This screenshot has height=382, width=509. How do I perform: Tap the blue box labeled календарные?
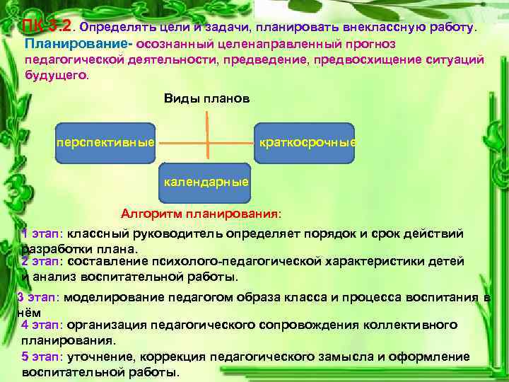click(206, 182)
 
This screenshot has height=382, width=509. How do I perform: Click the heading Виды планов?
click(206, 98)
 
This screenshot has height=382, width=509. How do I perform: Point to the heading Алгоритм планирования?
click(200, 213)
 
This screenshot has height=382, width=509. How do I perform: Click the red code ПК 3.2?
click(47, 28)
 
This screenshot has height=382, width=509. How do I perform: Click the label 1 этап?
click(42, 234)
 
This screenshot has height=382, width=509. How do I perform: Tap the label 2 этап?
click(42, 261)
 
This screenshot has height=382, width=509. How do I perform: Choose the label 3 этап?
click(38, 297)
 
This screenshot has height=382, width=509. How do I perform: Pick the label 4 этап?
click(42, 325)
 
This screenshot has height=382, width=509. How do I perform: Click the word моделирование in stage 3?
click(112, 297)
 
